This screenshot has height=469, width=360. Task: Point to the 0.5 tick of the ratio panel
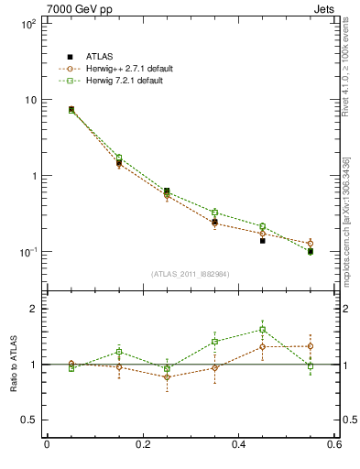pos(30,420)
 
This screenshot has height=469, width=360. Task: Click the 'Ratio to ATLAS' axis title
pos(12,364)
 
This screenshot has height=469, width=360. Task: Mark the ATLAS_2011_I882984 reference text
pos(191,274)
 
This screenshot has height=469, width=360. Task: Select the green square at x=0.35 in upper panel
pos(214,213)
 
